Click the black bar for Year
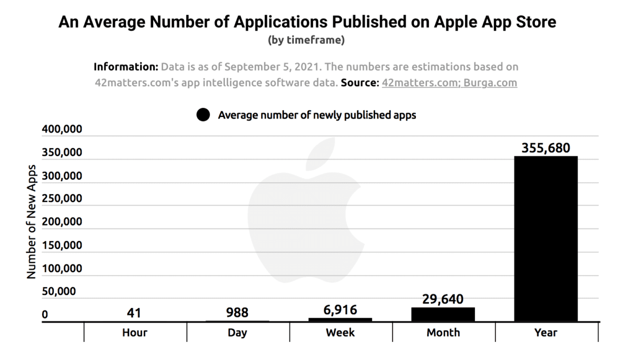pos(545,239)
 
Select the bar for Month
pos(443,314)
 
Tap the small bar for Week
pos(340,319)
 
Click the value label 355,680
pos(545,148)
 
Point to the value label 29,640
pos(443,299)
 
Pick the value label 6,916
pos(340,310)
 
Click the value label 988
pos(237,313)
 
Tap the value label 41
pos(134,313)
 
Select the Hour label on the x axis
pos(134,332)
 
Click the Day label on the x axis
pos(237,332)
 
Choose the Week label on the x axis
pos(340,332)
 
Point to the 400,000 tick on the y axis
pos(61,130)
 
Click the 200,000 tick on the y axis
pos(61,222)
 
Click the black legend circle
pos(204,115)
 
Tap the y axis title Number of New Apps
pos(32,222)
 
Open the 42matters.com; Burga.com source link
pos(449,83)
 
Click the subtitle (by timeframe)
pos(306,40)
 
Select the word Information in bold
pos(125,67)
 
